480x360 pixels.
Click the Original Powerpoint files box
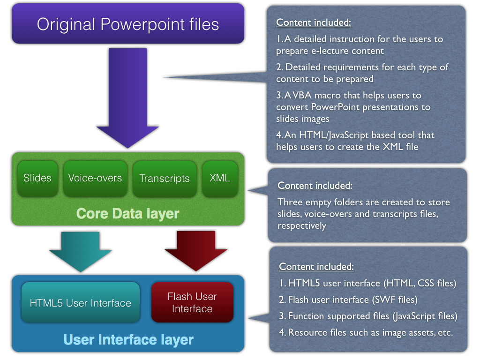[128, 23]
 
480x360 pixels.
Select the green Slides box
[37, 179]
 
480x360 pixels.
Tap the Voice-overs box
[95, 179]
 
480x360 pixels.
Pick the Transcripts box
[165, 179]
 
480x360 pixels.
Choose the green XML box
[220, 179]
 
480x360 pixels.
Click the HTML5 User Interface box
[81, 302]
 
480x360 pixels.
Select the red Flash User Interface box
[192, 302]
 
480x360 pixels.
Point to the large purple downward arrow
[127, 98]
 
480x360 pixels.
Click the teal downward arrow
[81, 252]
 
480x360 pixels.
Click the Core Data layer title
[127, 214]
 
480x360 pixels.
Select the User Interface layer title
[128, 340]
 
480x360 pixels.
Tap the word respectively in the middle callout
[301, 226]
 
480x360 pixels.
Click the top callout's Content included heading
[314, 22]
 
